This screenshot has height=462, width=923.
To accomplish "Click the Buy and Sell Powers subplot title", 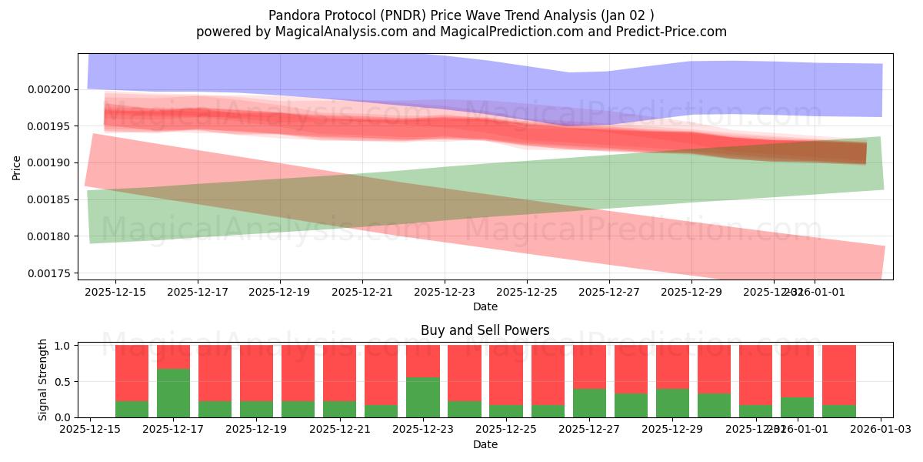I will point(485,330).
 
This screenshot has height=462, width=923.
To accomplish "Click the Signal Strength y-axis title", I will point(43,380).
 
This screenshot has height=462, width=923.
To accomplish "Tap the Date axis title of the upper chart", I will point(485,306).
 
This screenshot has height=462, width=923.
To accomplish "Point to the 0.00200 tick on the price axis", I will point(48,89).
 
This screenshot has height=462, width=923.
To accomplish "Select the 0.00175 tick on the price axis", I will point(48,273).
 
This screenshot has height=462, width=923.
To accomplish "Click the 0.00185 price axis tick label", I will point(48,199).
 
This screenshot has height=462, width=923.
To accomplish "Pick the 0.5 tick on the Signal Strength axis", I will point(62,381).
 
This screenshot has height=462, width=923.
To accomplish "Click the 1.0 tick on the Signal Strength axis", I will point(62,346).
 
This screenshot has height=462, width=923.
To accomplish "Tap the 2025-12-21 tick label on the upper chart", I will point(362,293).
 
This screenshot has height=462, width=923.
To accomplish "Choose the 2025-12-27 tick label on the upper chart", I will point(609,293).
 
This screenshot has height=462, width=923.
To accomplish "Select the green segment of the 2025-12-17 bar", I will point(173,393).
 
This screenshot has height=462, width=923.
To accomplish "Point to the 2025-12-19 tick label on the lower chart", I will point(257,430).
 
